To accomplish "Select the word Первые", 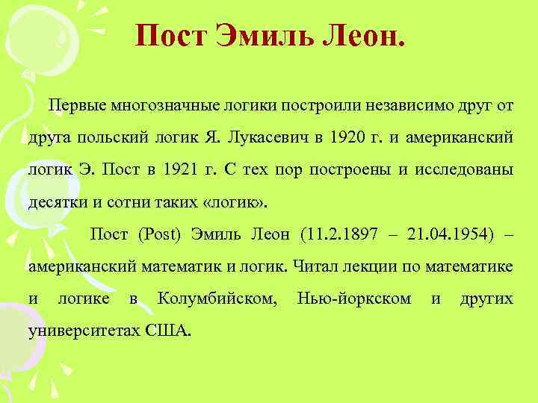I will [77, 105].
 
